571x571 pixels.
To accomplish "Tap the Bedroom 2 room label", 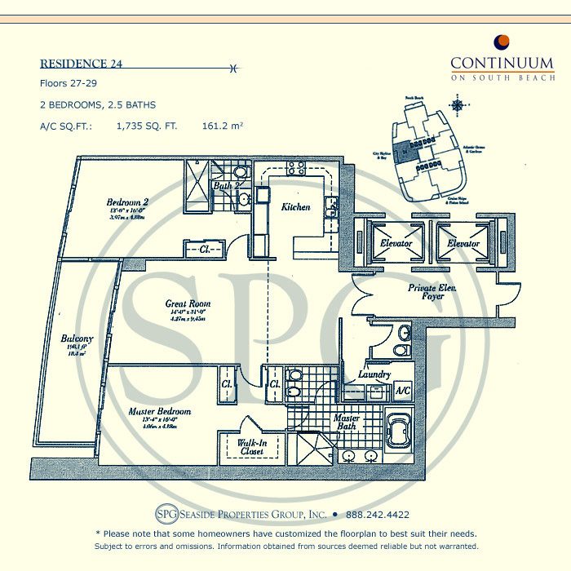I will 126,202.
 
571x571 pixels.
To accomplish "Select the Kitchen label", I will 295,207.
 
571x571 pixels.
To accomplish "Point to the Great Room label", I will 189,303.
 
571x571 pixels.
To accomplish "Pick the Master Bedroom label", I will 159,412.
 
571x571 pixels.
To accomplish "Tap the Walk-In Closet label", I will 251,446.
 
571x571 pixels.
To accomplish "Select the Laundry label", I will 374,374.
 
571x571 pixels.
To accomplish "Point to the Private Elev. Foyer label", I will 426,292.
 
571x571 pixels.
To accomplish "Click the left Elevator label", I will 396,243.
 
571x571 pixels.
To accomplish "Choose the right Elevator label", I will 464,243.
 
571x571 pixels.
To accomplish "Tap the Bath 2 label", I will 224,185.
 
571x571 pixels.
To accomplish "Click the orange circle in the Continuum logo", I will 502,42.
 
